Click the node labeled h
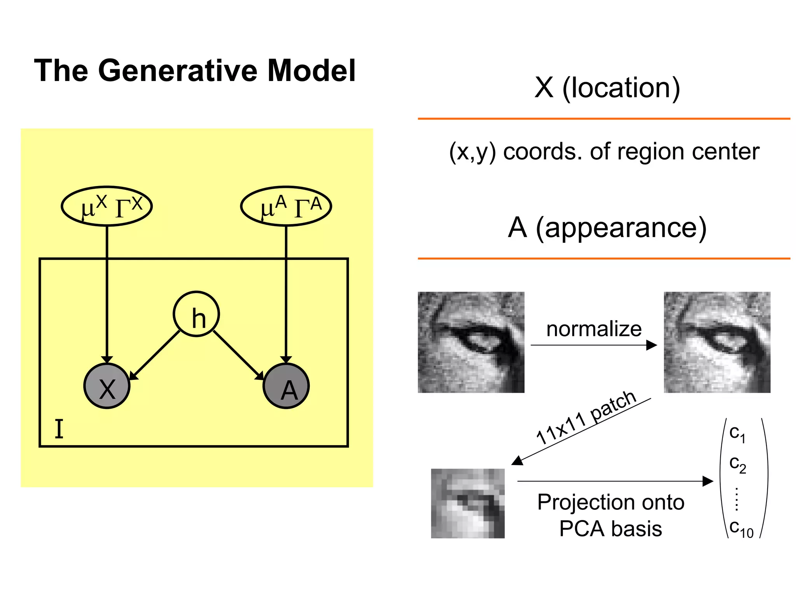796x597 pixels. [x=196, y=314]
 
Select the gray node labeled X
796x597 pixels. [x=107, y=386]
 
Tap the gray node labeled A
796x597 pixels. [x=286, y=386]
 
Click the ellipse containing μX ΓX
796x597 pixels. [x=107, y=206]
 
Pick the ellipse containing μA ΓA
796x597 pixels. [x=286, y=206]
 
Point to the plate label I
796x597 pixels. [x=59, y=429]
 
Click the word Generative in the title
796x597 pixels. [x=178, y=71]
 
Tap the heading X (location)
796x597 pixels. [x=607, y=88]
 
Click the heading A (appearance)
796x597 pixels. [x=607, y=228]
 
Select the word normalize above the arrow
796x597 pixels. [x=594, y=329]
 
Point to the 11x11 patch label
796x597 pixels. [x=586, y=417]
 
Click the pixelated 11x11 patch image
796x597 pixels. [x=468, y=503]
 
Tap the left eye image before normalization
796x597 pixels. [x=471, y=342]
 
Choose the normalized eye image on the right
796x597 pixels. [x=717, y=342]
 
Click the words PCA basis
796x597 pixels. [x=611, y=529]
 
